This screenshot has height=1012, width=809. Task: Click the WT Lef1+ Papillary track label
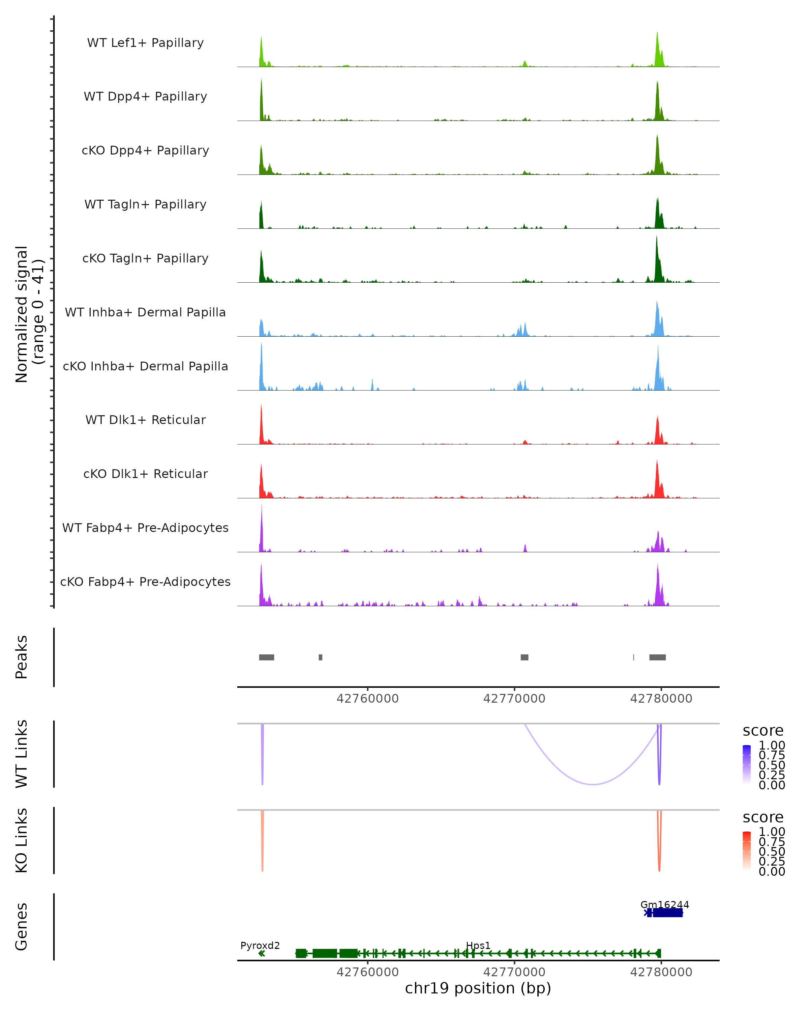pos(145,43)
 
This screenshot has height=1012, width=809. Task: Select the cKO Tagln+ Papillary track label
pos(145,258)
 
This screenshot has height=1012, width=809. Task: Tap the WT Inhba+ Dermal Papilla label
pos(145,312)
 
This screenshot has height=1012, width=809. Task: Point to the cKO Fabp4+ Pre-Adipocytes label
pos(145,582)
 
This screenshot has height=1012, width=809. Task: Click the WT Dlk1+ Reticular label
pos(145,420)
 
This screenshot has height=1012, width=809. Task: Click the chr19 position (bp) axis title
pos(478,988)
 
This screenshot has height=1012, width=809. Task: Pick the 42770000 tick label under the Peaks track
pos(514,699)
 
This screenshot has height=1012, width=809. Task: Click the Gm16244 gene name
pos(664,904)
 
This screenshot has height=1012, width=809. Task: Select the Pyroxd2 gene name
pos(260,945)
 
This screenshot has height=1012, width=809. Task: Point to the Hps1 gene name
pos(478,945)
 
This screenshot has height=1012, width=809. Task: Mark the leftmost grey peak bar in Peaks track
pos(266,657)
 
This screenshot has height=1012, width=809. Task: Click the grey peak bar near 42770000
pos(524,657)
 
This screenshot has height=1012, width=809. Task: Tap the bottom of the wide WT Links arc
pos(593,784)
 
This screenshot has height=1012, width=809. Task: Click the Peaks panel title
pos(22,657)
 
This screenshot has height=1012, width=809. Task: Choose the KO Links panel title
pos(22,841)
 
